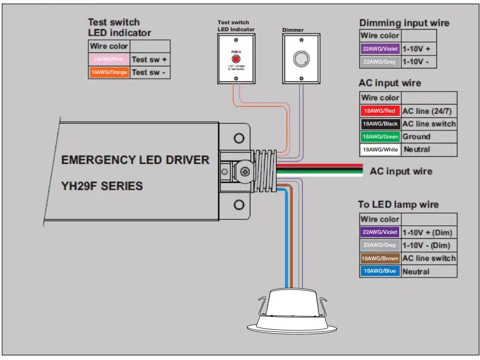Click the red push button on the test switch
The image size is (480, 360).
click(235, 59)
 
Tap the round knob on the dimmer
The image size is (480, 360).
click(300, 59)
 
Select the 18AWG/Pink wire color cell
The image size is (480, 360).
click(109, 59)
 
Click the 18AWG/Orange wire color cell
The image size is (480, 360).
click(109, 72)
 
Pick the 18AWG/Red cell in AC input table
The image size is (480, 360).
click(380, 111)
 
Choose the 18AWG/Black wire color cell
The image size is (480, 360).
click(380, 124)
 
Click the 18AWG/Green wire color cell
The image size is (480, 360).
click(380, 137)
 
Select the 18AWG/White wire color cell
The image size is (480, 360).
click(380, 149)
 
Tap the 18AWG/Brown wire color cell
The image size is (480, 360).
click(380, 259)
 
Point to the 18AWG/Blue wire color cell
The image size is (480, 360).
click(380, 271)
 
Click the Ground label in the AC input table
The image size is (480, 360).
click(416, 137)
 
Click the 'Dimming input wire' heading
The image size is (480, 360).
click(404, 23)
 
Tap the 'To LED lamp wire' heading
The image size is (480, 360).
click(398, 205)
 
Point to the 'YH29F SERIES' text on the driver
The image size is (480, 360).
click(102, 186)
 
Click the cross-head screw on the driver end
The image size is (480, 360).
click(245, 172)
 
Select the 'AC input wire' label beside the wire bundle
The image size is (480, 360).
click(401, 171)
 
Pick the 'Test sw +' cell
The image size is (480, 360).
click(149, 59)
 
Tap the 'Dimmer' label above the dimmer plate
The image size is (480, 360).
click(293, 30)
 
